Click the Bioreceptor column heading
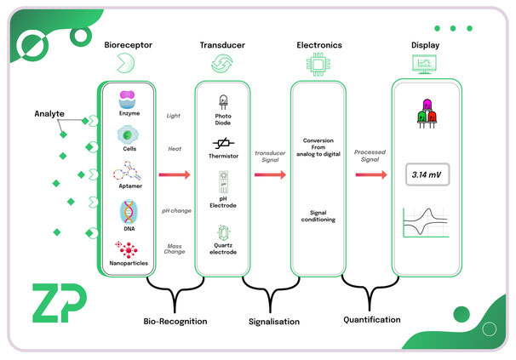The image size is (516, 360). coord(128,45)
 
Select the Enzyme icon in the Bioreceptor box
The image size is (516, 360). coord(127,100)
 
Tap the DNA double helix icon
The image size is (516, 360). coord(129,212)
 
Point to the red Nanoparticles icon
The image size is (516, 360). coord(127,249)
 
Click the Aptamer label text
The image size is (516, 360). coord(130,186)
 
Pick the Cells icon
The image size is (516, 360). coord(128,134)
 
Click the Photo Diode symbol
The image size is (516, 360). coord(223,102)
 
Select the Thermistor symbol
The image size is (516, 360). coord(223,143)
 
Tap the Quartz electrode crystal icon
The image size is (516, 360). coord(223,233)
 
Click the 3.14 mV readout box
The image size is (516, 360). coord(427,174)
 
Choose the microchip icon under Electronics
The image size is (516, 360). coord(318,65)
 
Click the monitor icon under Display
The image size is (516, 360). coord(425,64)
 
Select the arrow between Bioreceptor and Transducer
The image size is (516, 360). coord(175,174)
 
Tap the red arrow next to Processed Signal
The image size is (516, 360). coord(371,174)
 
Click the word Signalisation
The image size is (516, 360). coord(274,322)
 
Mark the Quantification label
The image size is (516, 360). coord(372,319)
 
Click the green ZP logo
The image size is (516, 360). coord(60,303)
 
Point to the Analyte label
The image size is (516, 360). coord(49,114)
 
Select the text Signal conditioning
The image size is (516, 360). coord(318,216)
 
